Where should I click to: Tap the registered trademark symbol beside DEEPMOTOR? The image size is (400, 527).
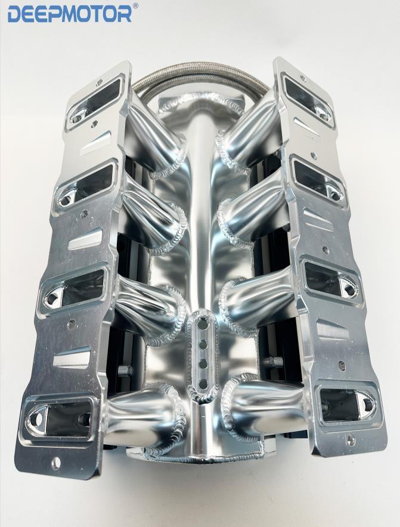(135, 5)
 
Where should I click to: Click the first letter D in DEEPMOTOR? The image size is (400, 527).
(14, 15)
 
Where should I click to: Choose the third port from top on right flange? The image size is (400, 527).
(330, 282)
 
